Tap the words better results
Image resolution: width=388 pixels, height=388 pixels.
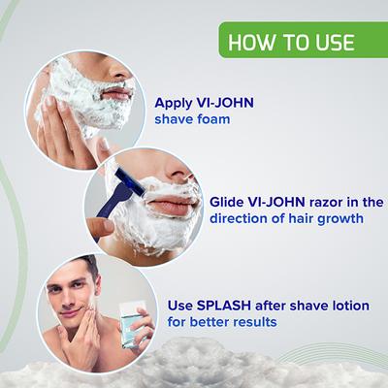[237, 322]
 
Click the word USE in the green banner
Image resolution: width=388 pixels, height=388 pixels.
[331, 43]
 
